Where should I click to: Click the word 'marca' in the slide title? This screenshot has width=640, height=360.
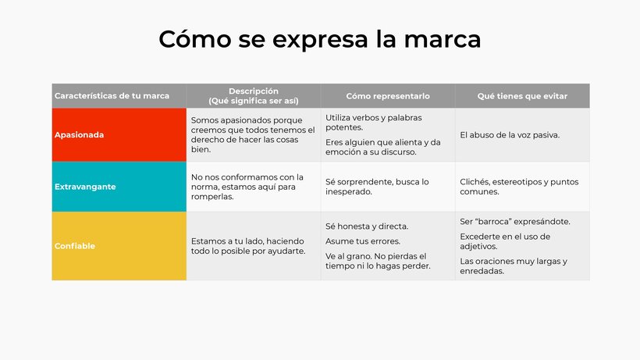pyautogui.click(x=442, y=40)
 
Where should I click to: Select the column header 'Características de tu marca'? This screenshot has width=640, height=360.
pyautogui.click(x=112, y=96)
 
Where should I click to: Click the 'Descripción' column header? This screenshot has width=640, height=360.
pyautogui.click(x=254, y=91)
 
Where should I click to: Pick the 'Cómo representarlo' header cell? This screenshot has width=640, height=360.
pyautogui.click(x=388, y=96)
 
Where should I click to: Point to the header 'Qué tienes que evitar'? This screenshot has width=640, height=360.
pyautogui.click(x=522, y=96)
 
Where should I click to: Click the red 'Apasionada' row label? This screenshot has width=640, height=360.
pyautogui.click(x=79, y=134)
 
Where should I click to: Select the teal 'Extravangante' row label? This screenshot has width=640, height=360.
pyautogui.click(x=85, y=187)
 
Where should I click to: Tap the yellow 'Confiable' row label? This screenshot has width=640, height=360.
pyautogui.click(x=75, y=246)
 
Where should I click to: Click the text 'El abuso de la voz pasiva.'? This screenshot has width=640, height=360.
pyautogui.click(x=510, y=135)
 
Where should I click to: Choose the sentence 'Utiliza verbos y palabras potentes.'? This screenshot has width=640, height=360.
pyautogui.click(x=374, y=123)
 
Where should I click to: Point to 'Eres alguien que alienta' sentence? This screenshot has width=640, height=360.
pyautogui.click(x=383, y=147)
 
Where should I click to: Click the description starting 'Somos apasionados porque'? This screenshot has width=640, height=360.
pyautogui.click(x=253, y=134)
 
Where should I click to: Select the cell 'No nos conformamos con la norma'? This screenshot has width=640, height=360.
pyautogui.click(x=247, y=187)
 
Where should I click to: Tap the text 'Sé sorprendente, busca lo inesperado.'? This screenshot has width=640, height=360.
pyautogui.click(x=377, y=187)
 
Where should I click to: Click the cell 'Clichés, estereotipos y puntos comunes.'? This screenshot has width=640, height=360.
pyautogui.click(x=519, y=187)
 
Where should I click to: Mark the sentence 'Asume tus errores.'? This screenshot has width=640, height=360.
pyautogui.click(x=363, y=241)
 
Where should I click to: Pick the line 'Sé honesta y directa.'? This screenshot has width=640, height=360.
pyautogui.click(x=367, y=226)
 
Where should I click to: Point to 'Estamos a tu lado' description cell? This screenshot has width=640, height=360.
pyautogui.click(x=248, y=246)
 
